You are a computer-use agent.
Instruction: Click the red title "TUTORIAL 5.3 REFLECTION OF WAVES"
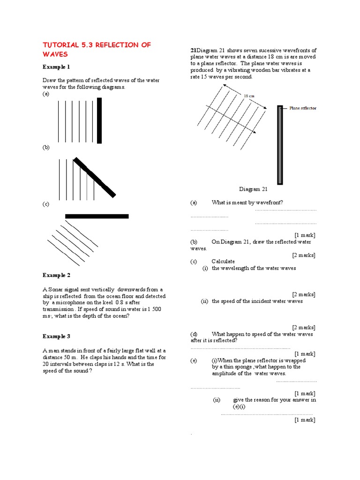point(97,49)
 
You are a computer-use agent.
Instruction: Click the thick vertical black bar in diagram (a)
point(99,120)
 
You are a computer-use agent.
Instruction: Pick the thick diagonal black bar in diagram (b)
point(94,177)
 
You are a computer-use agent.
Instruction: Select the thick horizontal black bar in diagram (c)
point(97,216)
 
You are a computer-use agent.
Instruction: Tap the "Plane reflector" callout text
point(303,108)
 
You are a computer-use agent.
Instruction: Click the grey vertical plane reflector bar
point(280,145)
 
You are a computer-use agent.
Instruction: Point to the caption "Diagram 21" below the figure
point(253,189)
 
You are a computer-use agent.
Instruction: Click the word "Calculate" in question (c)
point(223,261)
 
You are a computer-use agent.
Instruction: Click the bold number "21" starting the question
point(193,51)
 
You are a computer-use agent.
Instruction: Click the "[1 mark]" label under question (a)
point(305,235)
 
